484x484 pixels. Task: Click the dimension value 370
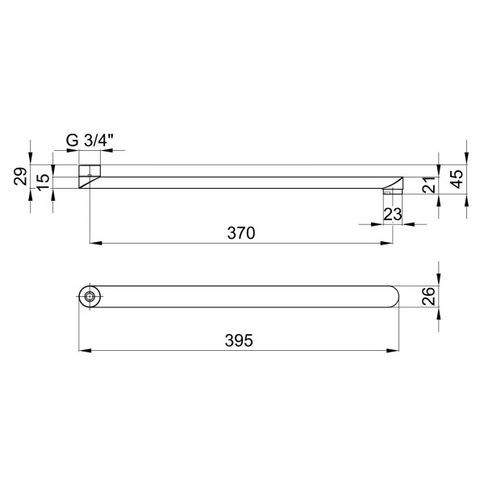tap(241, 233)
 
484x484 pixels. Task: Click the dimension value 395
tap(239, 340)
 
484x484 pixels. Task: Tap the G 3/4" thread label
tap(90, 141)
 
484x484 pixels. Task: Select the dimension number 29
tap(20, 176)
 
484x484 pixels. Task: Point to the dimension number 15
tap(44, 182)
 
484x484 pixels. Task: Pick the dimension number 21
tap(429, 185)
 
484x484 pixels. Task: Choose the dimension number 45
tap(457, 179)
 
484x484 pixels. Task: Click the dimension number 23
tap(393, 215)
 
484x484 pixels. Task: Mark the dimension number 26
tap(428, 296)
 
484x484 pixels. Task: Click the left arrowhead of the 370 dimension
tap(96, 244)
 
